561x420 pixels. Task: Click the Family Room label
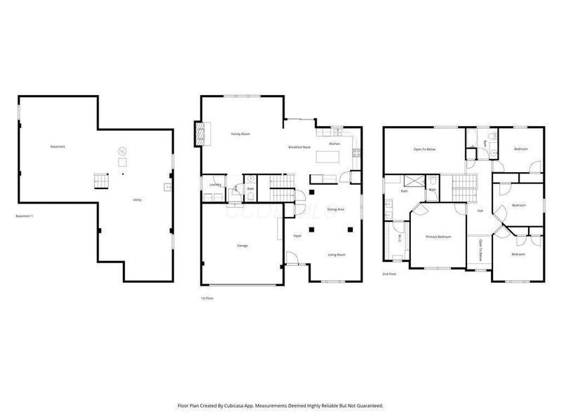tap(241, 134)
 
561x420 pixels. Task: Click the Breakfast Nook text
tap(299, 147)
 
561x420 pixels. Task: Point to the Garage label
tap(241, 246)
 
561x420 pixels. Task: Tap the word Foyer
tap(297, 236)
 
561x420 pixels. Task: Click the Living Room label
tap(337, 255)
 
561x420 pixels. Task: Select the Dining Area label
tap(337, 209)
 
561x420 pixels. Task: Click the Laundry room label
tap(215, 185)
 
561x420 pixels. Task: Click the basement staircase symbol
tap(102, 181)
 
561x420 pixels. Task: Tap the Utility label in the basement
tap(137, 200)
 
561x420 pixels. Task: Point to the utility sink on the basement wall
tap(167, 187)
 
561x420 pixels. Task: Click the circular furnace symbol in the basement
tap(121, 151)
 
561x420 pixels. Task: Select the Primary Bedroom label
tap(438, 237)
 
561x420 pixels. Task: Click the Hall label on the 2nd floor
tap(480, 211)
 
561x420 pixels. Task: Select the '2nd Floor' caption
tap(390, 274)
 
